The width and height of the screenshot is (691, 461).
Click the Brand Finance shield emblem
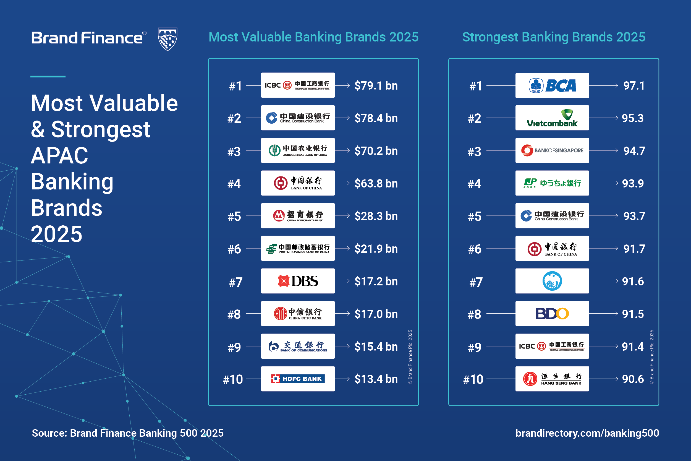[167, 39]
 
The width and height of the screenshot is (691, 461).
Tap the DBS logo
[298, 281]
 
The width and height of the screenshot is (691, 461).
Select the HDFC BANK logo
[298, 379]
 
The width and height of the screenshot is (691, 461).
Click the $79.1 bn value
[376, 85]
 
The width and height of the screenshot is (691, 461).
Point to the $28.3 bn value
[376, 216]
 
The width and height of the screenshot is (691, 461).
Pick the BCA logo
[552, 85]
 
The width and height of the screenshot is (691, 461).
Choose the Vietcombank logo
[552, 118]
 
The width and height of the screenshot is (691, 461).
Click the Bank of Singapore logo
[552, 150]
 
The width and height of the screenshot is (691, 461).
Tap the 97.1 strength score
[634, 85]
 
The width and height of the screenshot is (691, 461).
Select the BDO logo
[552, 313]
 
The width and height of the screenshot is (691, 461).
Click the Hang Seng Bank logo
[552, 379]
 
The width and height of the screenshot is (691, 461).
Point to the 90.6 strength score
[633, 379]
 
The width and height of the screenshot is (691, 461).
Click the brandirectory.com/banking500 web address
[587, 433]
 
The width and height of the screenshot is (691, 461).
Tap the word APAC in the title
[59, 155]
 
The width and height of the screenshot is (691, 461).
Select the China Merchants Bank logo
[298, 216]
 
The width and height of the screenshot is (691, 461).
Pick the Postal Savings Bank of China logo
[298, 248]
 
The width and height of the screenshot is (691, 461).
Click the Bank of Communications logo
[298, 346]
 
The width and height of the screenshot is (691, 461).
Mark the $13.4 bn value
[376, 379]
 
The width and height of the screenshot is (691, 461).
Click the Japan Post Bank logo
[552, 183]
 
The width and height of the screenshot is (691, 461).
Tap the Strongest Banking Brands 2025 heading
[554, 37]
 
